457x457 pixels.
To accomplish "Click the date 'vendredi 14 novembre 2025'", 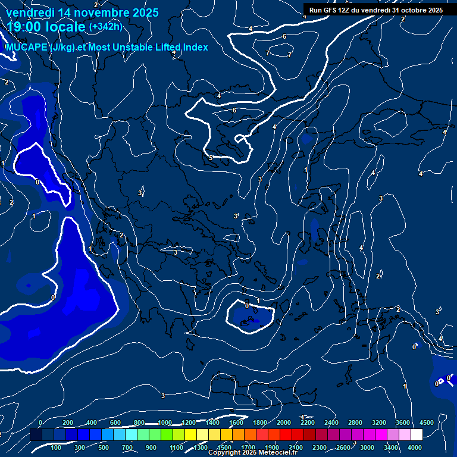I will coord(82,12).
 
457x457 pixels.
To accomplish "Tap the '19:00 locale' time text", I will coord(46,27).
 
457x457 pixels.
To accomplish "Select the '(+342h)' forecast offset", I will coord(105,26).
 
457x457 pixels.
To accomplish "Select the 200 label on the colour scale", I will coord(68,423).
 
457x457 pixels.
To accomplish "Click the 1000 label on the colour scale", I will coord(164,423).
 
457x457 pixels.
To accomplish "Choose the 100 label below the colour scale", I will coord(57,447).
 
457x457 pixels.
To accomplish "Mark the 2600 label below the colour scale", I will coord(343,447).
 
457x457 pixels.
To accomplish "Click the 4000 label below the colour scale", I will coord(415,447).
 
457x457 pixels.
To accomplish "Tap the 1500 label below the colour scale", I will coord(224,447).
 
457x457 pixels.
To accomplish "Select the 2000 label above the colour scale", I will coord(283,423).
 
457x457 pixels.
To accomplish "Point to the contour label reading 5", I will coord(211,158).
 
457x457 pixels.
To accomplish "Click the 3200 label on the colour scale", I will coord(378,423).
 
